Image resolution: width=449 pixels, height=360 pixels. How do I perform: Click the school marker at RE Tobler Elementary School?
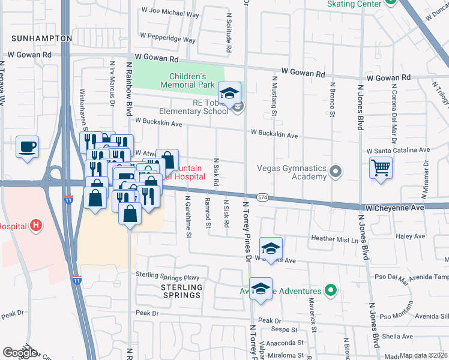[x=229, y=94]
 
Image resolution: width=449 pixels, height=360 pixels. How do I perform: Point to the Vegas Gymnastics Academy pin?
[x=336, y=173]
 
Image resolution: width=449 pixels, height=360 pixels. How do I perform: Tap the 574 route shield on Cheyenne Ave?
[x=262, y=197]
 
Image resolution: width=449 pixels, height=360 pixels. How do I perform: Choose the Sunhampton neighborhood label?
[x=40, y=38]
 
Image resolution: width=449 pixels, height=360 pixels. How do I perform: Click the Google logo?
[x=20, y=353]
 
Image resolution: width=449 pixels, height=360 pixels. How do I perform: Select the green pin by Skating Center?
[x=391, y=2]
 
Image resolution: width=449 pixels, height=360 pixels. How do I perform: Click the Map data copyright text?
[x=424, y=355]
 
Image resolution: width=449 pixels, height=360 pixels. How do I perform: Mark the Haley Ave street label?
[x=412, y=236]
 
